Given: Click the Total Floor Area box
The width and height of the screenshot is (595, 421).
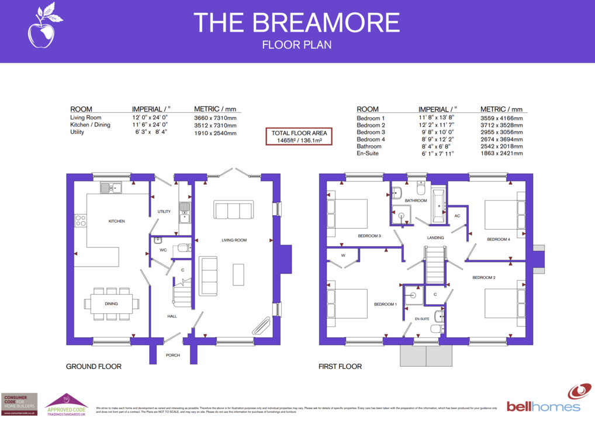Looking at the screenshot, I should [299, 136].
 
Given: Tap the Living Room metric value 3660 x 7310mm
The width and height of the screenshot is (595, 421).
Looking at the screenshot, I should [215, 118].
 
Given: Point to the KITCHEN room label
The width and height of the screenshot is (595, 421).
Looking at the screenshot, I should [116, 221].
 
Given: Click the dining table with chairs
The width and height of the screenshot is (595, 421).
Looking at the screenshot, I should [111, 303].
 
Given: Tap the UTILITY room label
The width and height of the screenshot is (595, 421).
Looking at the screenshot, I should [164, 211].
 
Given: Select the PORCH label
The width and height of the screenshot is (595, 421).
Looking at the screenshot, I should [172, 355].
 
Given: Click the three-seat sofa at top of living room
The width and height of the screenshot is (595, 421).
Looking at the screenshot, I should [233, 209].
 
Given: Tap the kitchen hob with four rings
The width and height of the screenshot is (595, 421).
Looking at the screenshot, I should [81, 220].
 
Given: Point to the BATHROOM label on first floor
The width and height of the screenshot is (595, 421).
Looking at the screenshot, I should [416, 201].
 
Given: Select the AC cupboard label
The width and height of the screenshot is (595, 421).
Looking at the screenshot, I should [457, 216].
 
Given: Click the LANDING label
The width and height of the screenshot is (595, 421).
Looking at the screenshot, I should [435, 237].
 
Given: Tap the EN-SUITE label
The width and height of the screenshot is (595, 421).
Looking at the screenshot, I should [421, 319].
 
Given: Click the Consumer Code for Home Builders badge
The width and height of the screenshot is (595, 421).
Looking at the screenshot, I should [19, 404].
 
